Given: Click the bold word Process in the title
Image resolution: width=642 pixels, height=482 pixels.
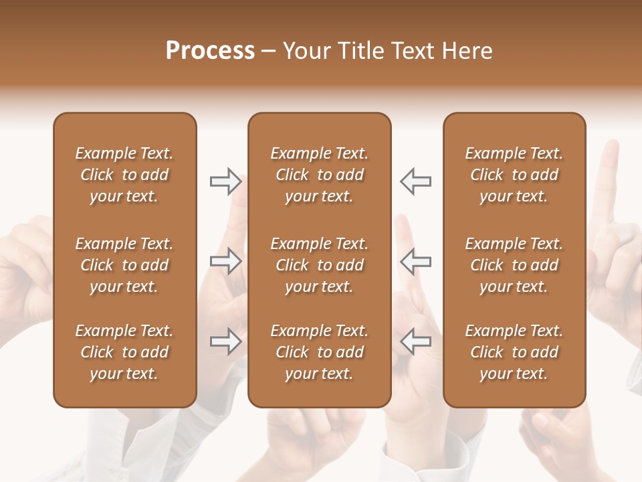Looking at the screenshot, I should [210, 51].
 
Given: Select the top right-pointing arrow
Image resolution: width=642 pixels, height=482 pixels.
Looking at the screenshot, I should [225, 181].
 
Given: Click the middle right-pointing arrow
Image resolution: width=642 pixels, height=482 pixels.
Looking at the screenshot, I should [225, 261].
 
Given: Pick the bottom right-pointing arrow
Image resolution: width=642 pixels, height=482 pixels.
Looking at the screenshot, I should [225, 341].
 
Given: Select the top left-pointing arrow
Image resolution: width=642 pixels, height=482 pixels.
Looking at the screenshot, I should [415, 181].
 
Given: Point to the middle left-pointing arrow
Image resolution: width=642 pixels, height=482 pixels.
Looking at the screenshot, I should [415, 261].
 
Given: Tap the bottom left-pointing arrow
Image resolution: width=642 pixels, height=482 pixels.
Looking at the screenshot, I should [415, 341].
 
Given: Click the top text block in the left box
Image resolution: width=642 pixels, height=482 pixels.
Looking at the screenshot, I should [124, 175].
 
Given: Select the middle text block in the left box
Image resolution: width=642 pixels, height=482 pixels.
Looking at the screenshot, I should [124, 265].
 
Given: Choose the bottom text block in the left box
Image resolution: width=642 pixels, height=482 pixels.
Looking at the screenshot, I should [124, 352].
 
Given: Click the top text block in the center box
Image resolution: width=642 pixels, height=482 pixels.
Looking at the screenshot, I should [319, 175].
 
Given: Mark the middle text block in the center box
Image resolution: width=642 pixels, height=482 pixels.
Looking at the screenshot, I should [319, 265].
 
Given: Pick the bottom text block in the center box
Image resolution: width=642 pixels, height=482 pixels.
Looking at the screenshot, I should [319, 352].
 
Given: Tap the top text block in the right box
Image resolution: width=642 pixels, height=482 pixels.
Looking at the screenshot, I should [514, 175].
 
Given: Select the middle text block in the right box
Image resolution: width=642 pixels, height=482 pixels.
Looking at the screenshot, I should [514, 265].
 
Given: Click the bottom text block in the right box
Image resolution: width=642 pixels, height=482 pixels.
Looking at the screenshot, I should [514, 352].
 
